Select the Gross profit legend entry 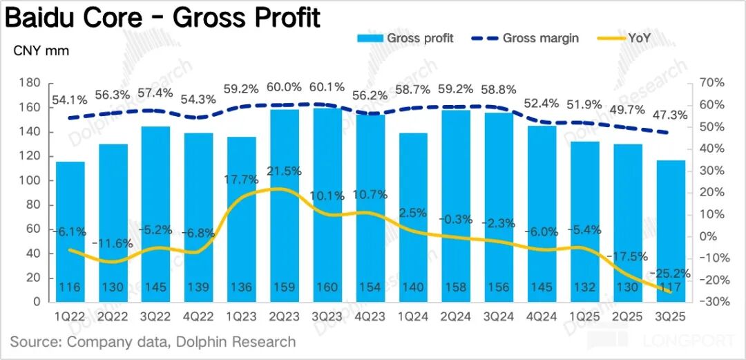405,38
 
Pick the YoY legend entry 645,38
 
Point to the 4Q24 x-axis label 542,317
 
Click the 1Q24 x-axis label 414,317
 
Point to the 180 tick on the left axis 30,83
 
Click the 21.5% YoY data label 283,171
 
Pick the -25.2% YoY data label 670,274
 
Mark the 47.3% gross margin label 670,114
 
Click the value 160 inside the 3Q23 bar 328,287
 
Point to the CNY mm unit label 41,50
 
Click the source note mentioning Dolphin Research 153,341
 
